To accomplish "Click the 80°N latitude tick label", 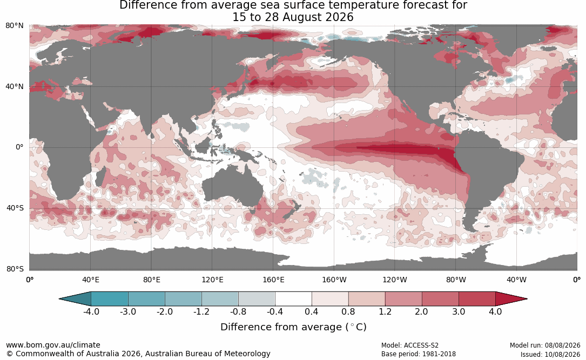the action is [x=14, y=26].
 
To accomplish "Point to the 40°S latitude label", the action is [x=15, y=208].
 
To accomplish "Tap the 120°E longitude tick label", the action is [x=212, y=280].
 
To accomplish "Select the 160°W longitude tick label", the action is [x=334, y=280].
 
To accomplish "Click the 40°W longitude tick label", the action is [x=516, y=280].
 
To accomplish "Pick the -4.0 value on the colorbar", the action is [x=91, y=311].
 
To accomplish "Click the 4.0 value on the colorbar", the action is [x=495, y=311].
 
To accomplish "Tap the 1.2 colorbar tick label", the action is [x=385, y=311].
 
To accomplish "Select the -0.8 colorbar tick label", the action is [x=238, y=311].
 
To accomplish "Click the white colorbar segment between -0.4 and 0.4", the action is [x=293, y=299].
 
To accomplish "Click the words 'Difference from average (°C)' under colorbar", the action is [x=293, y=327].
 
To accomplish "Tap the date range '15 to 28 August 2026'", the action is [x=293, y=17].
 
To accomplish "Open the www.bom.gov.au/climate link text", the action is [x=53, y=345].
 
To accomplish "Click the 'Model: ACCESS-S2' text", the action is [x=410, y=345].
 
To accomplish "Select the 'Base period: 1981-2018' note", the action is [x=419, y=354].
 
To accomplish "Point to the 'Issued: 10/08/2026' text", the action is [x=550, y=354].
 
